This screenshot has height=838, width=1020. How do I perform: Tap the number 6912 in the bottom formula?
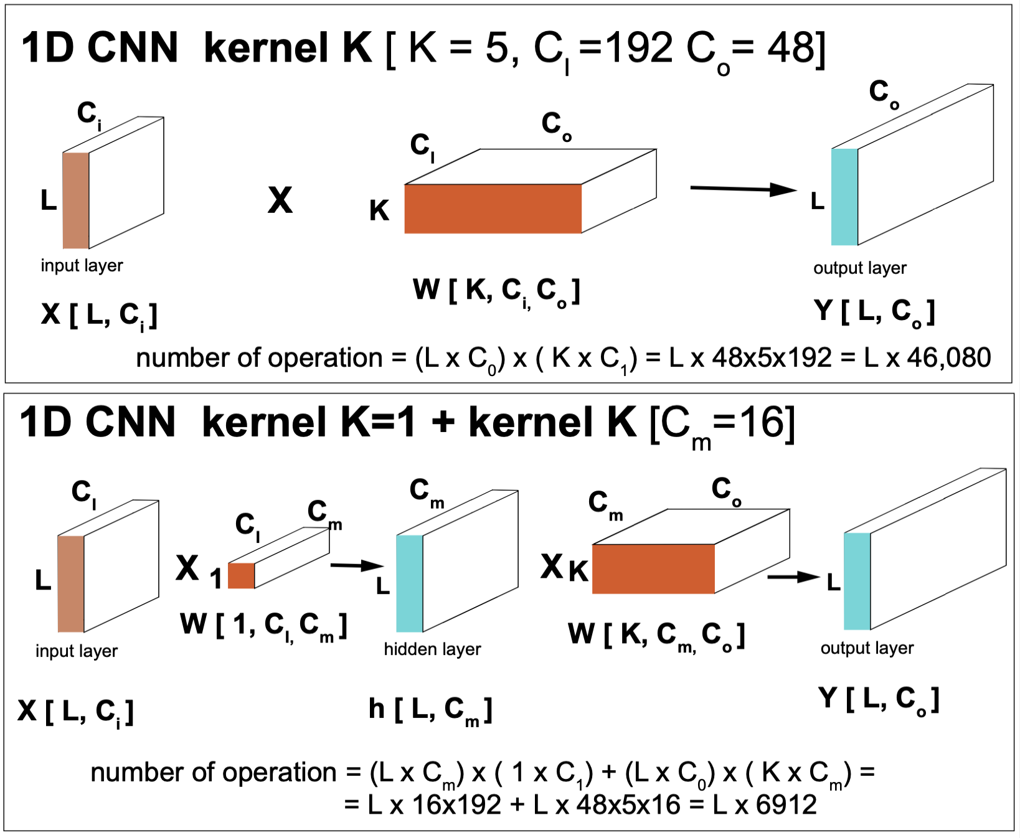[x=786, y=805]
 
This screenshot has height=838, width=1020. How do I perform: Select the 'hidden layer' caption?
[x=432, y=649]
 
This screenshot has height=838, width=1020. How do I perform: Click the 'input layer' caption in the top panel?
[x=82, y=265]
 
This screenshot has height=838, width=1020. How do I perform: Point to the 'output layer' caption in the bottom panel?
[x=867, y=648]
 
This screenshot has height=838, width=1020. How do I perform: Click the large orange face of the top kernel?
[x=493, y=209]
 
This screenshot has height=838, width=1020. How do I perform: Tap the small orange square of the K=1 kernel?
[x=241, y=576]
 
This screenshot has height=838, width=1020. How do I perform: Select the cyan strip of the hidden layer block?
[x=410, y=583]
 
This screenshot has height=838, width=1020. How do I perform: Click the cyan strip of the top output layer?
[x=844, y=197]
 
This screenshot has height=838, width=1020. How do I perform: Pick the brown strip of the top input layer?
[x=76, y=200]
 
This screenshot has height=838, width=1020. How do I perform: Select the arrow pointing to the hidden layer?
[x=356, y=565]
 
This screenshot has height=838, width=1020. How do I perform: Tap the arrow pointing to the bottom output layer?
[x=793, y=577]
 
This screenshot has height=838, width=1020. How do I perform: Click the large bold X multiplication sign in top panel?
[x=280, y=200]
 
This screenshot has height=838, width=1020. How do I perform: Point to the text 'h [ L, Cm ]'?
[x=430, y=710]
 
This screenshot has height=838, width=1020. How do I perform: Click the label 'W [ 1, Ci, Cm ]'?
[x=263, y=624]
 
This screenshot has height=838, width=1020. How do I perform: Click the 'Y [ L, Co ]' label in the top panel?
[x=874, y=311]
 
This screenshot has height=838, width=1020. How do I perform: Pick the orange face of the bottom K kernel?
[x=653, y=569]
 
